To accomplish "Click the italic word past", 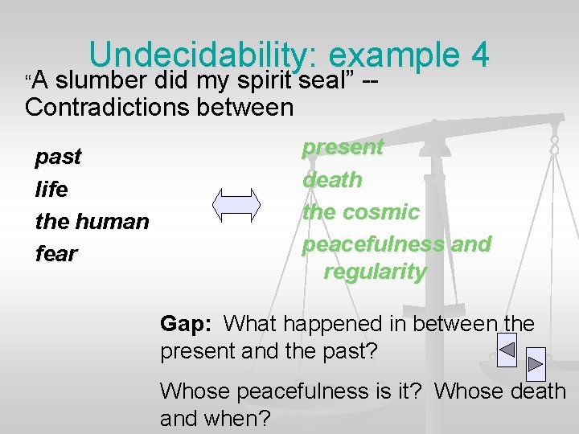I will tap(58, 157).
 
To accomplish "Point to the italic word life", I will tap(51, 190).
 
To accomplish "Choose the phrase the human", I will tap(92, 221).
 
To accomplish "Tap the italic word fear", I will tap(56, 254).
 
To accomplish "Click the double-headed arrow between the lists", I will tap(236, 205).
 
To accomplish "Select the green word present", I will tap(343, 147).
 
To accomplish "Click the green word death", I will tap(332, 180).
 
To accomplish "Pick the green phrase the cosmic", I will tap(360, 212).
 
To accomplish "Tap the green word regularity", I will tap(375, 272).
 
